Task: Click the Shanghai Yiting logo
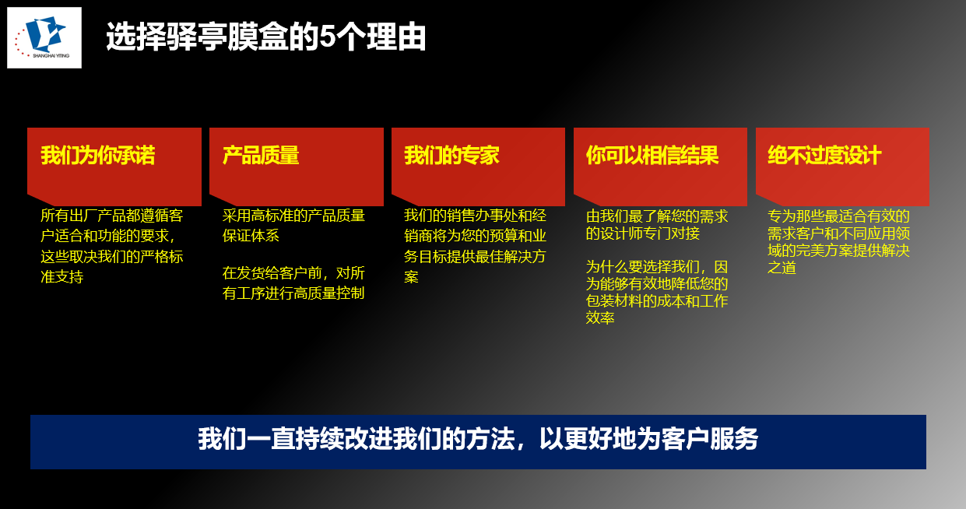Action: (44, 37)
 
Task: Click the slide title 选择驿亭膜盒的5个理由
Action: (265, 37)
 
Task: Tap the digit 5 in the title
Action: (328, 37)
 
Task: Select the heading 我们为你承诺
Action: (98, 156)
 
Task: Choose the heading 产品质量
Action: (261, 156)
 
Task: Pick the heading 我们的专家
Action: (451, 156)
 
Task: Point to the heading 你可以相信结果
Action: (652, 156)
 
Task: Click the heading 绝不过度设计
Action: (824, 156)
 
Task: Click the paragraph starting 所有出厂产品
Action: (112, 245)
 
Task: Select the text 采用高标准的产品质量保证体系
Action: (293, 226)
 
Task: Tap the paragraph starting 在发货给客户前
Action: (293, 283)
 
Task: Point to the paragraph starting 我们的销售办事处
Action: (475, 245)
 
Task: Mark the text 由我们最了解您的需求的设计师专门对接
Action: (657, 224)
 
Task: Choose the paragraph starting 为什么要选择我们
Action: (657, 292)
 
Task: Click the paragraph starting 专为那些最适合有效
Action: (838, 241)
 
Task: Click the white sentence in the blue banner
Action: (477, 440)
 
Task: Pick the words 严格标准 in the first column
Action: (155, 257)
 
